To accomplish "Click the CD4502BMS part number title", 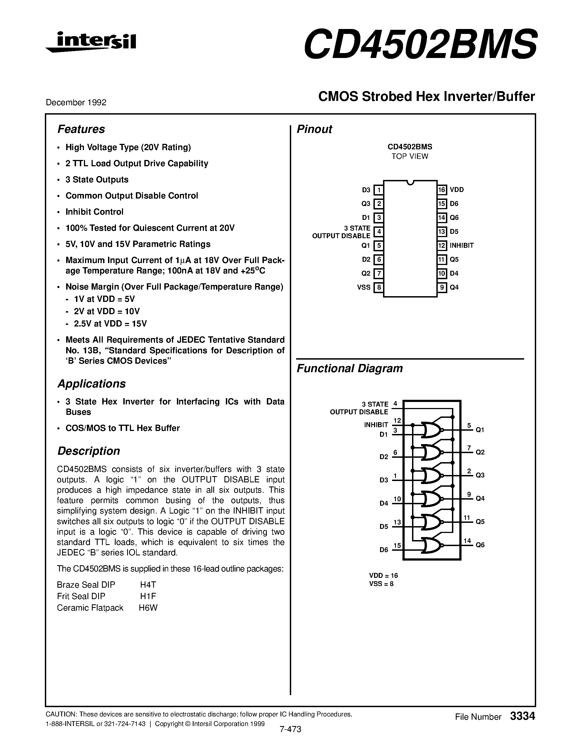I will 420,44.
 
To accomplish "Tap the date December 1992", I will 76,102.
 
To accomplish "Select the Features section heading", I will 81,129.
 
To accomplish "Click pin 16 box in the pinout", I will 442,190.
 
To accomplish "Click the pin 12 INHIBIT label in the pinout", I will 462,246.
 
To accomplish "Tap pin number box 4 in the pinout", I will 379,231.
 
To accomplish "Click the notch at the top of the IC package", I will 410,182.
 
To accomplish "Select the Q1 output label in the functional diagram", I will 480,430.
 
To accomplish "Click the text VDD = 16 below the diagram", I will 383,575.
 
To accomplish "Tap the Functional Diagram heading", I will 349,368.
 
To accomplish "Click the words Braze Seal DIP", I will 86,585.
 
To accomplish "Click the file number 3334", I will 522,716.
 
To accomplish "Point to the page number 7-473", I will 290,729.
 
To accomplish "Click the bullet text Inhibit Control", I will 94,212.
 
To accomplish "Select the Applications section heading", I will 91,384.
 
